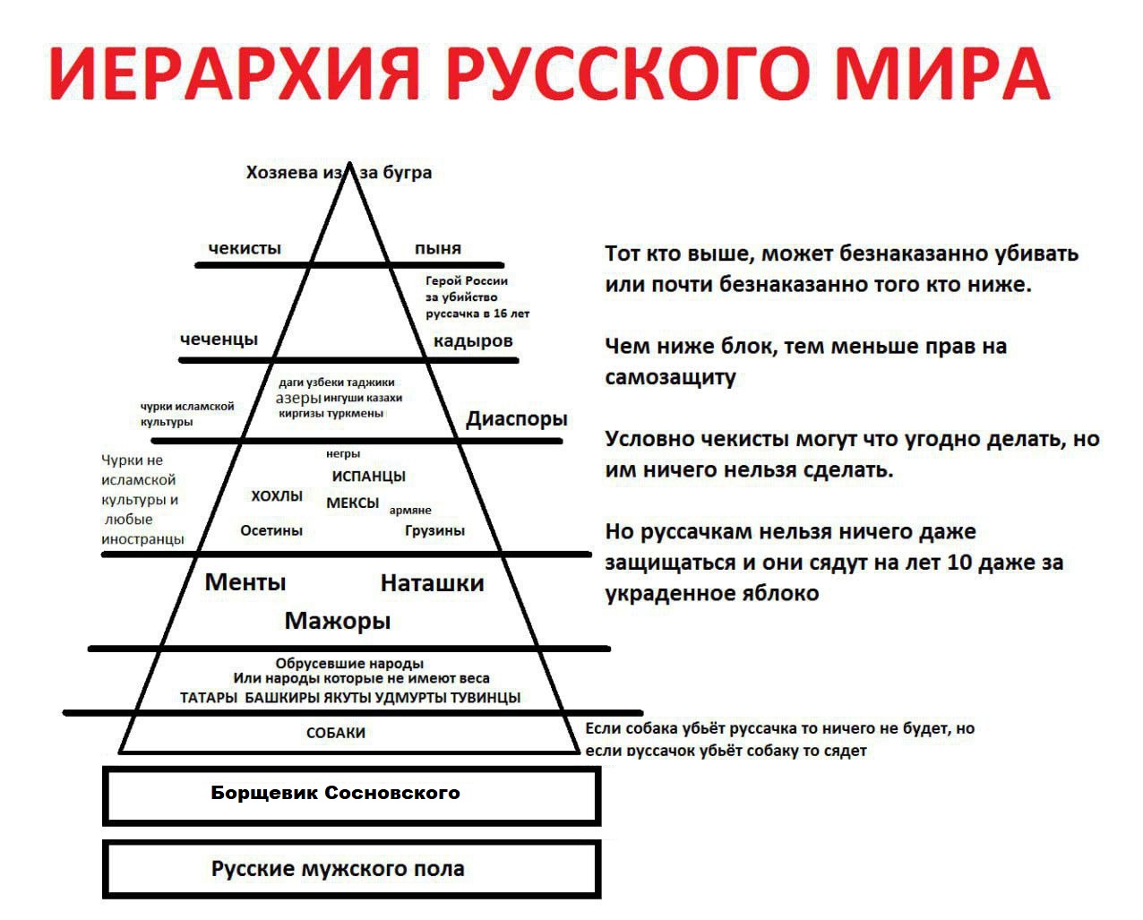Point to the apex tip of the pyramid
(x=350, y=165)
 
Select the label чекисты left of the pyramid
(x=245, y=248)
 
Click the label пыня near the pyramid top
(x=438, y=248)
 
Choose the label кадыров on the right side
(x=473, y=340)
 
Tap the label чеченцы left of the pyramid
(x=219, y=339)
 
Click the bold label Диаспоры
(x=517, y=418)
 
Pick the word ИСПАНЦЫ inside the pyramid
(x=368, y=477)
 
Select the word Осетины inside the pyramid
(x=271, y=530)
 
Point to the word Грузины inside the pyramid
(x=434, y=530)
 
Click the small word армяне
(x=410, y=510)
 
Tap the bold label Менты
(x=245, y=582)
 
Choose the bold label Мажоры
(x=338, y=620)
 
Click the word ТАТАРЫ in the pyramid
(x=209, y=698)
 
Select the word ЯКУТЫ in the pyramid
(x=347, y=698)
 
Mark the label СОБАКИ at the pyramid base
(x=336, y=733)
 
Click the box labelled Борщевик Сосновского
(x=351, y=795)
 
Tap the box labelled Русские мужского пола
(x=351, y=869)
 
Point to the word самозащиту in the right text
(x=670, y=377)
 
